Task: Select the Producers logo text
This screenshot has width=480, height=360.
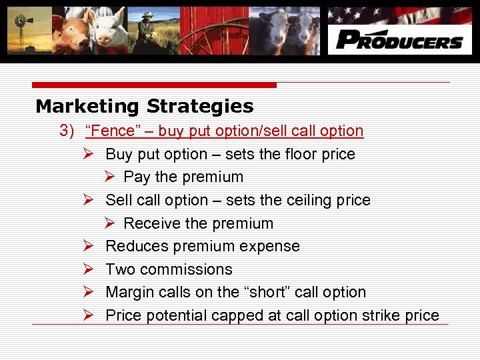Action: click(399, 40)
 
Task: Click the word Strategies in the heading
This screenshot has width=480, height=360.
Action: click(200, 107)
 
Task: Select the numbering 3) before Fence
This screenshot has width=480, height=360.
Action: click(67, 131)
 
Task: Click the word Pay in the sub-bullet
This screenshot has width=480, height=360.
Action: click(137, 177)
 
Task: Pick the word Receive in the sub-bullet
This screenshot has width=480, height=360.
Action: click(151, 224)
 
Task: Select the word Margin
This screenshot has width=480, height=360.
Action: click(129, 293)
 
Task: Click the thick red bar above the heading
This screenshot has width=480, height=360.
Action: click(153, 85)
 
